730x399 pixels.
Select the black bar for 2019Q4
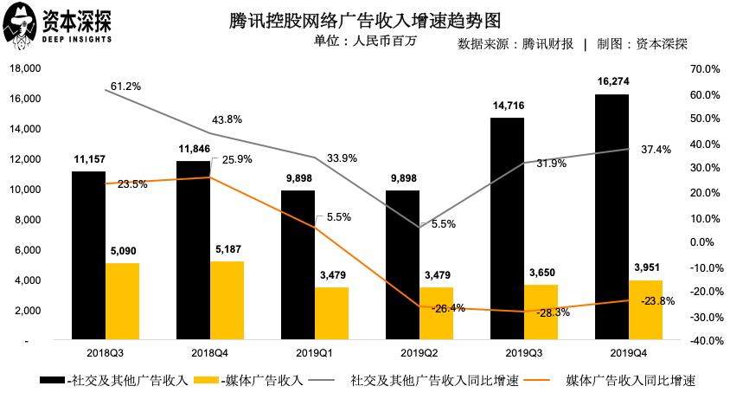click(612, 216)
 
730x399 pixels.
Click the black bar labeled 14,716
click(507, 228)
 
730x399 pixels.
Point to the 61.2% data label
click(125, 87)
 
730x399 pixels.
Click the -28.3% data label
click(554, 312)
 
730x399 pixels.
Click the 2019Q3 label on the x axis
click(523, 354)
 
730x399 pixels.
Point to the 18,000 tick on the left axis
click(25, 68)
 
